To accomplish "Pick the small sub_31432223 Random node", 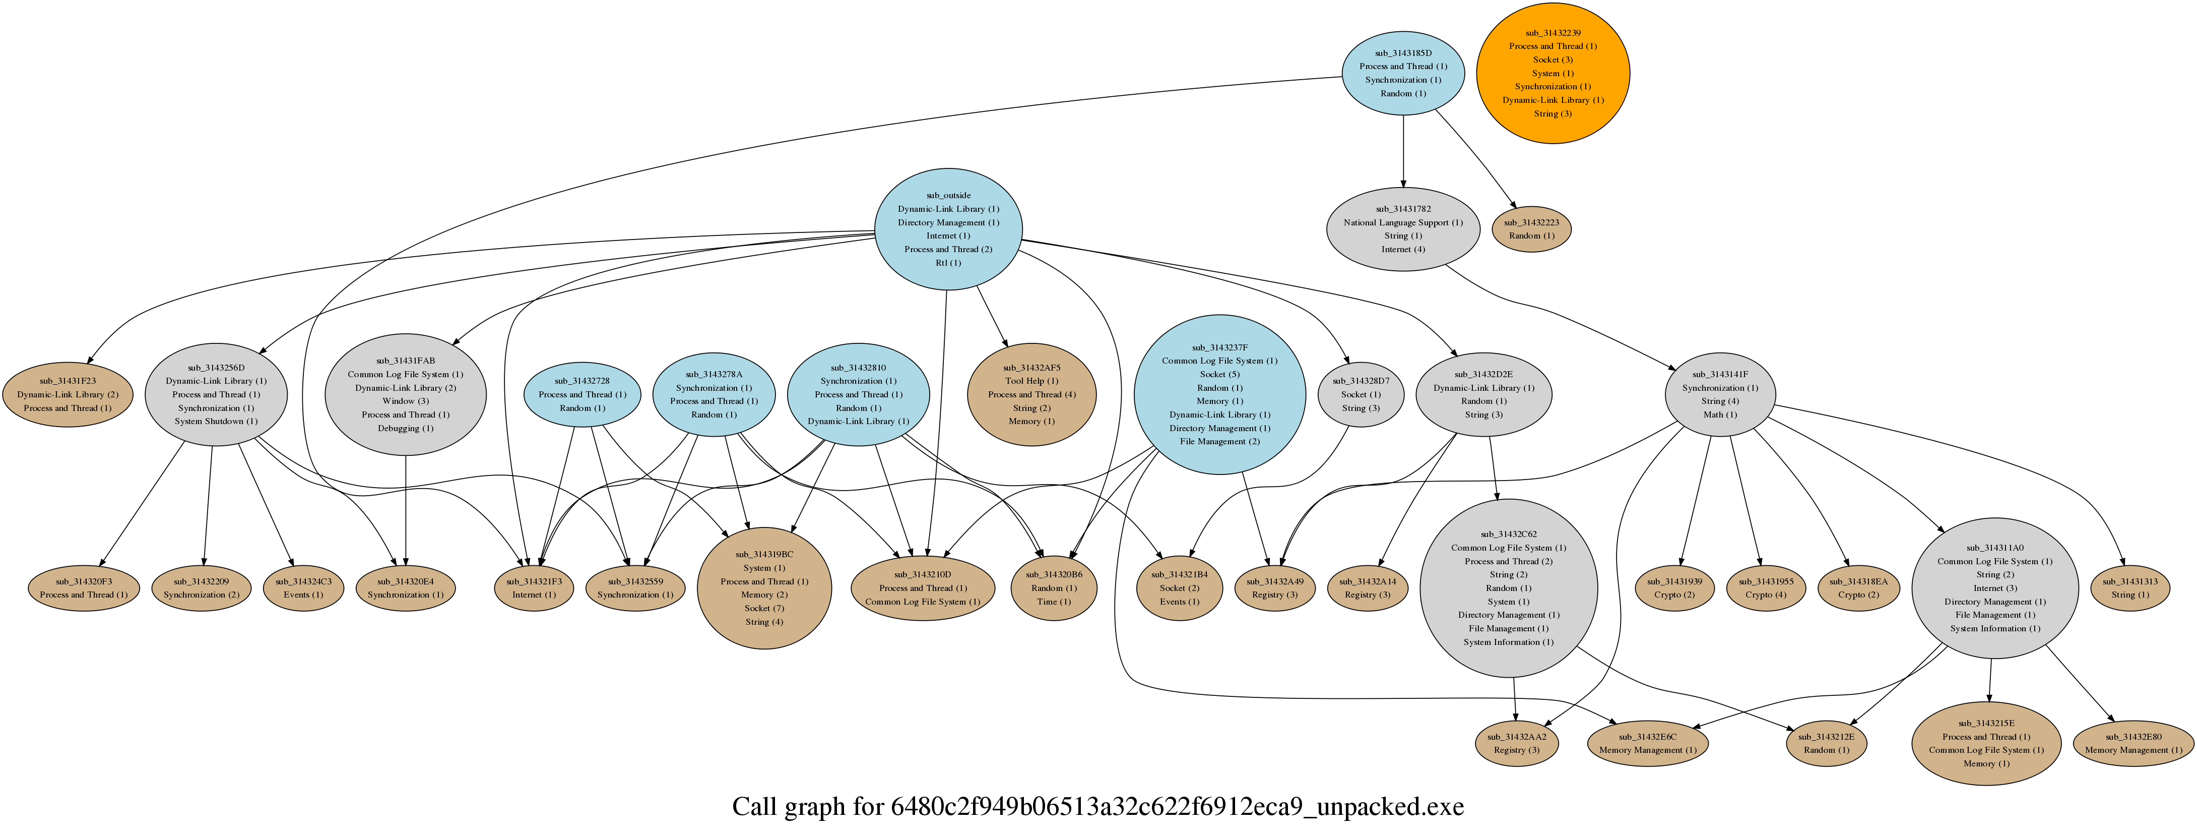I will coord(1531,228).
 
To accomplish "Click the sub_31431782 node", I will coord(1403,228).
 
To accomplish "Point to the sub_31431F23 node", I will coord(68,394).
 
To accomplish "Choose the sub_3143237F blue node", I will coord(1219,394).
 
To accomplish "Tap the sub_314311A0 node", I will coord(1994,588).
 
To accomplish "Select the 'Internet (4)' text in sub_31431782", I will coord(1403,249).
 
